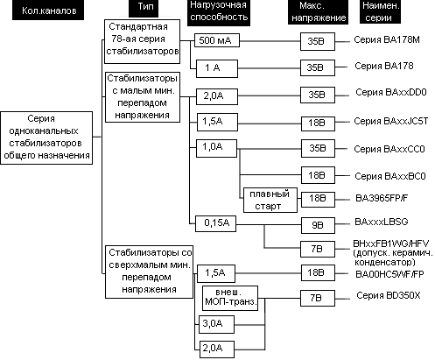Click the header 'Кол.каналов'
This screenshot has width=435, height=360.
pyautogui.click(x=48, y=10)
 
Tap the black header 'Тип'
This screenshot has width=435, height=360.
pyautogui.click(x=144, y=8)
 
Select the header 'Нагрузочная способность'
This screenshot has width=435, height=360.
pyautogui.click(x=219, y=13)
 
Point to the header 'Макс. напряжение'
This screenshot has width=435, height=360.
pyautogui.click(x=318, y=12)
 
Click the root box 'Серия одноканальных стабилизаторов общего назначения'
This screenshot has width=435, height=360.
pyautogui.click(x=46, y=138)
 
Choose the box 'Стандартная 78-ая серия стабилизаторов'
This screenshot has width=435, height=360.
pyautogui.click(x=142, y=41)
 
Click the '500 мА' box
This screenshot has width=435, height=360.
pyautogui.click(x=217, y=40)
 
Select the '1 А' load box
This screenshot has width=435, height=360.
pyautogui.click(x=217, y=68)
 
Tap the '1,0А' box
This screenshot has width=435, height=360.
pyautogui.click(x=216, y=148)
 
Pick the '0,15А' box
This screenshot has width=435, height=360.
pyautogui.click(x=215, y=223)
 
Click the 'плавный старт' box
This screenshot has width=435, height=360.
pyautogui.click(x=270, y=200)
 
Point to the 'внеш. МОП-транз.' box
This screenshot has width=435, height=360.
pyautogui.click(x=230, y=298)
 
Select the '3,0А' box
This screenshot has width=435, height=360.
pyautogui.click(x=217, y=324)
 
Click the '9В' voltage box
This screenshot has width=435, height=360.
pyautogui.click(x=318, y=225)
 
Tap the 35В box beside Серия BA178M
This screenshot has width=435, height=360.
pyautogui.click(x=318, y=41)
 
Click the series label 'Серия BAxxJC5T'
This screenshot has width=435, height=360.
pyautogui.click(x=391, y=121)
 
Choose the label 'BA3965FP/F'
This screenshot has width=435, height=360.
pyautogui.click(x=382, y=198)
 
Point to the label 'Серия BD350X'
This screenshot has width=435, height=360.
pyautogui.click(x=389, y=296)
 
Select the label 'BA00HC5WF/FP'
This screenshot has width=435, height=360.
pyautogui.click(x=389, y=274)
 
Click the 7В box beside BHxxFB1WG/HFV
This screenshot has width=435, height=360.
pyautogui.click(x=318, y=249)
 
